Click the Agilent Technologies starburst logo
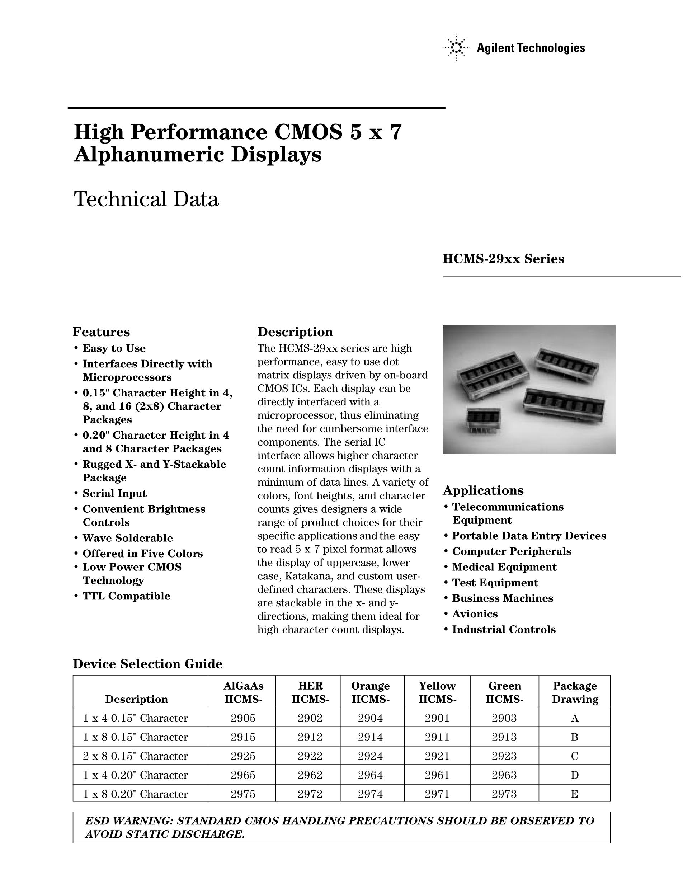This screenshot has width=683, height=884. coord(456,48)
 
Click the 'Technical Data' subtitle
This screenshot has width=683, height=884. coord(146,199)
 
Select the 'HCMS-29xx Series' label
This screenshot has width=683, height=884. coord(503,259)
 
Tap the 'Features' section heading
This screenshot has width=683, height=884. coord(101,332)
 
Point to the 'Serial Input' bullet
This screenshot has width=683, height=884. coord(114,493)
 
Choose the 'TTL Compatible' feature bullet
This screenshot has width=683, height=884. coord(126,596)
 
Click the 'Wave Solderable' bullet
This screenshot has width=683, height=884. coord(127,538)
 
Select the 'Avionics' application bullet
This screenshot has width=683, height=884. coord(475,613)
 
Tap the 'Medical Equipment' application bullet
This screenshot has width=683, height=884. coord(504,567)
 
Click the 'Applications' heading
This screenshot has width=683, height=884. coord(483,490)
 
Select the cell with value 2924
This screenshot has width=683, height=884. coord(370,756)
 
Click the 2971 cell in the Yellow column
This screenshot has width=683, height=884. coord(437,794)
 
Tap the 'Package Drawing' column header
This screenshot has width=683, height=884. coord(575,692)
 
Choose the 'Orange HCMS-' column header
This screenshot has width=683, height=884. coord(370,692)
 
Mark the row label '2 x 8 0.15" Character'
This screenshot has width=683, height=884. coord(136,756)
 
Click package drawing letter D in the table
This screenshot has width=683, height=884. coord(575,775)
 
